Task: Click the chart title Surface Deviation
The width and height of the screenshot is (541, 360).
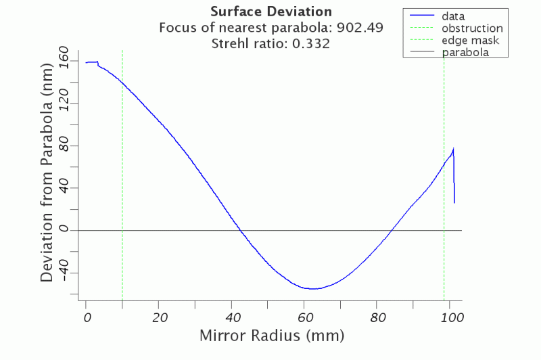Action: coord(271,12)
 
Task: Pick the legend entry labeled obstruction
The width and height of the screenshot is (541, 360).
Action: coord(471,28)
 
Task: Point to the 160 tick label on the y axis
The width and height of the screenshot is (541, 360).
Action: coord(65,62)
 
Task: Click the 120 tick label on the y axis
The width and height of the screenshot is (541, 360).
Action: coord(65,104)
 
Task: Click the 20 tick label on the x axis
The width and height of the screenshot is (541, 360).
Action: coord(159,317)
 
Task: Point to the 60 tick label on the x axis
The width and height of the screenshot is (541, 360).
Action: coord(305,317)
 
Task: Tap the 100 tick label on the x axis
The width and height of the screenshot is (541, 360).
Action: coord(450,317)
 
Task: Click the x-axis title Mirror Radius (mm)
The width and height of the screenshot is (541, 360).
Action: coord(271,335)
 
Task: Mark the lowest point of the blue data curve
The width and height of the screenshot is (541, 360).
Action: coord(313,288)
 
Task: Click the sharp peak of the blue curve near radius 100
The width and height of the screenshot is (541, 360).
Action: coord(453,149)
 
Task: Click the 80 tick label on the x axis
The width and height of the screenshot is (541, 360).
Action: coord(377,317)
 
